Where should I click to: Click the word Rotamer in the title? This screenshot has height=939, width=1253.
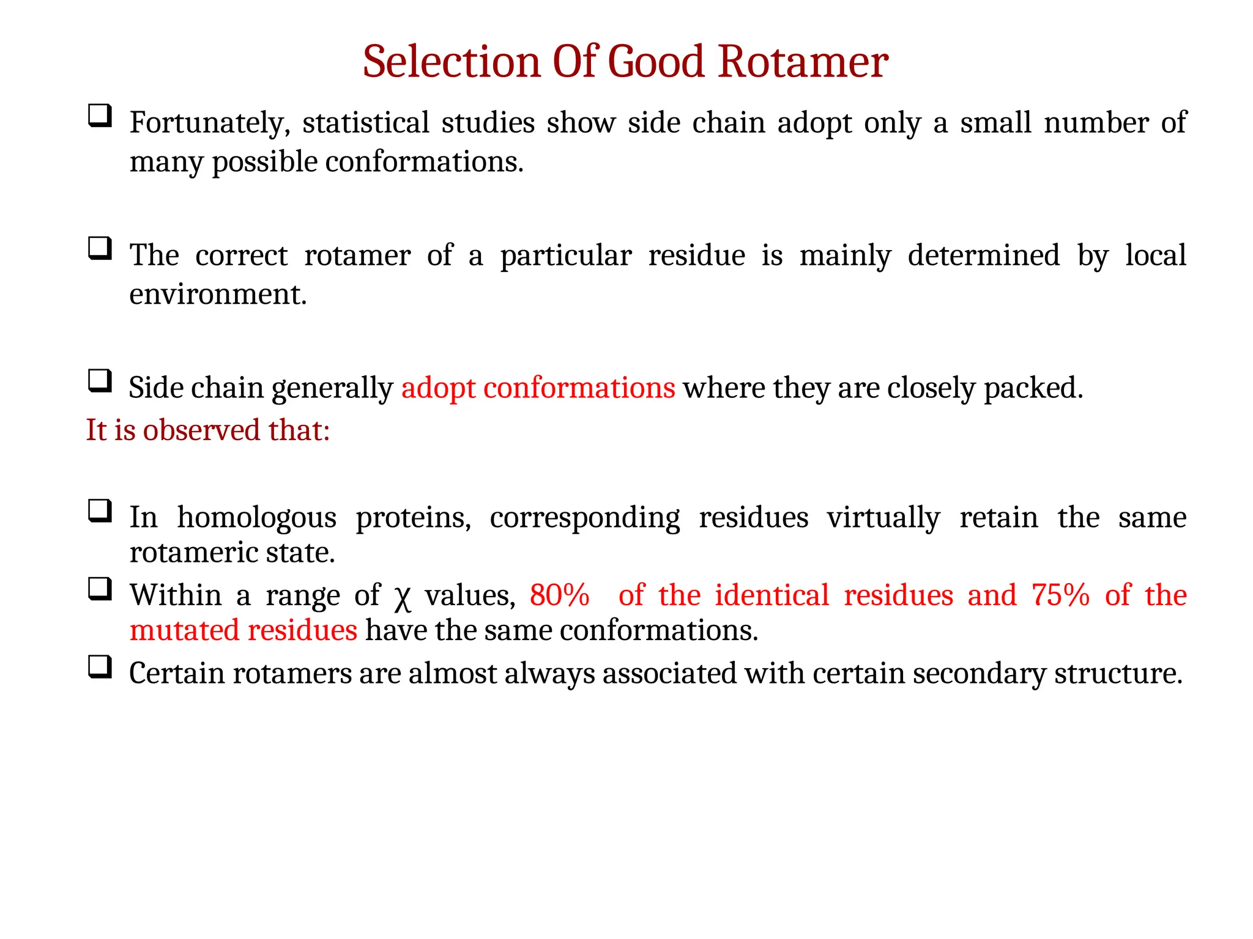coord(802,62)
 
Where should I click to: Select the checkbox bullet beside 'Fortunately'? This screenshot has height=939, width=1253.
coord(100,116)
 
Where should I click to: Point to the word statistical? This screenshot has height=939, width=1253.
coord(366,122)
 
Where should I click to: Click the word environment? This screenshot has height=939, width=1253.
coord(217,295)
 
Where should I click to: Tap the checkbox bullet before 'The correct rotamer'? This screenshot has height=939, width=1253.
coord(100,248)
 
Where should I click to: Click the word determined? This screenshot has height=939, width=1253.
coord(983,255)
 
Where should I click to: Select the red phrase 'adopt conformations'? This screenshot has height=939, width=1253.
coord(538,388)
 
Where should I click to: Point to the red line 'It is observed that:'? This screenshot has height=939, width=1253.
coord(207,430)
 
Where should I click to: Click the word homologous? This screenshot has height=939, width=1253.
coord(256,518)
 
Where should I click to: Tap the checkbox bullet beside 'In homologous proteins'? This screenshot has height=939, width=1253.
coord(100,510)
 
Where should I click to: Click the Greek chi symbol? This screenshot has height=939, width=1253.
coord(402,597)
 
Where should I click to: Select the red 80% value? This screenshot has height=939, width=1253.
coord(559,595)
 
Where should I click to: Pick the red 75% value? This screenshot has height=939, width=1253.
coord(1060,595)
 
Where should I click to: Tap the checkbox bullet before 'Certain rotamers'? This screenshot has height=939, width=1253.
coord(100,666)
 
